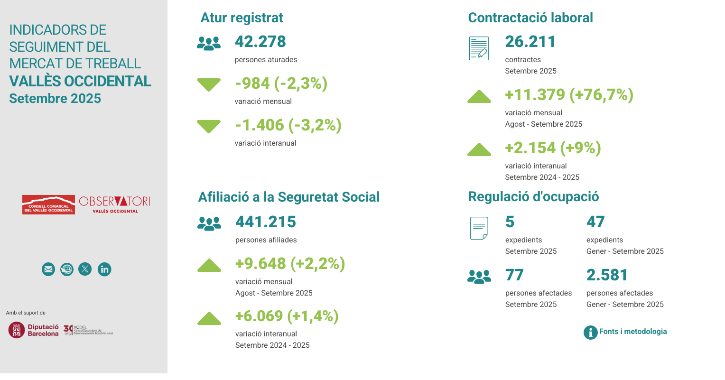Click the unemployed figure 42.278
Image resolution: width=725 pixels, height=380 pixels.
[x=260, y=42]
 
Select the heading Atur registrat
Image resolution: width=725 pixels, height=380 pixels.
[x=242, y=18]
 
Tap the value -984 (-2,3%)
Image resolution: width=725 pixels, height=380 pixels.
[x=281, y=83]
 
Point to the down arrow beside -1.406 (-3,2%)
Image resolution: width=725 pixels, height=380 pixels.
[x=209, y=126]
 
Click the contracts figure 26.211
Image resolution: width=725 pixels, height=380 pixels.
[x=530, y=42]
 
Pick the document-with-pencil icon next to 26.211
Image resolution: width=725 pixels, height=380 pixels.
[x=479, y=48]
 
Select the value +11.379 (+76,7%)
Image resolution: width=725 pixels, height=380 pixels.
[x=569, y=95]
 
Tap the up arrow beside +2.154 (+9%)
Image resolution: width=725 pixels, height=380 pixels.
[x=479, y=150]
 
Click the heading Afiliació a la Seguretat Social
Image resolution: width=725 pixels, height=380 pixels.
[x=289, y=197]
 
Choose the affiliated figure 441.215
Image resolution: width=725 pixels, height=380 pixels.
[x=266, y=222]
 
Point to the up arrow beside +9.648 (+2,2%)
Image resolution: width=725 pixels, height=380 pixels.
[x=209, y=266]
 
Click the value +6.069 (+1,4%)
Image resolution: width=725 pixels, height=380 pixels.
[x=287, y=316]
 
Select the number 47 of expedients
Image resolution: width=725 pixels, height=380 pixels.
[x=595, y=222]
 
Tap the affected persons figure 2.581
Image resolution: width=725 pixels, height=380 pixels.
[x=607, y=275]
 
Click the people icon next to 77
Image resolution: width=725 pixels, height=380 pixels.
[x=479, y=277]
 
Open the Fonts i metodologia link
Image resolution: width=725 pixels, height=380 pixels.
[x=632, y=332]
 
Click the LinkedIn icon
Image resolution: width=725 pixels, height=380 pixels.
[x=104, y=269]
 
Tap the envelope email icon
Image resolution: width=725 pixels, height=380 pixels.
[x=48, y=269]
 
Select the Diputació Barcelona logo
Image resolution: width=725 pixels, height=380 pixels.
[x=34, y=330]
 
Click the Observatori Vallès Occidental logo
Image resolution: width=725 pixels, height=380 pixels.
[x=114, y=204]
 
